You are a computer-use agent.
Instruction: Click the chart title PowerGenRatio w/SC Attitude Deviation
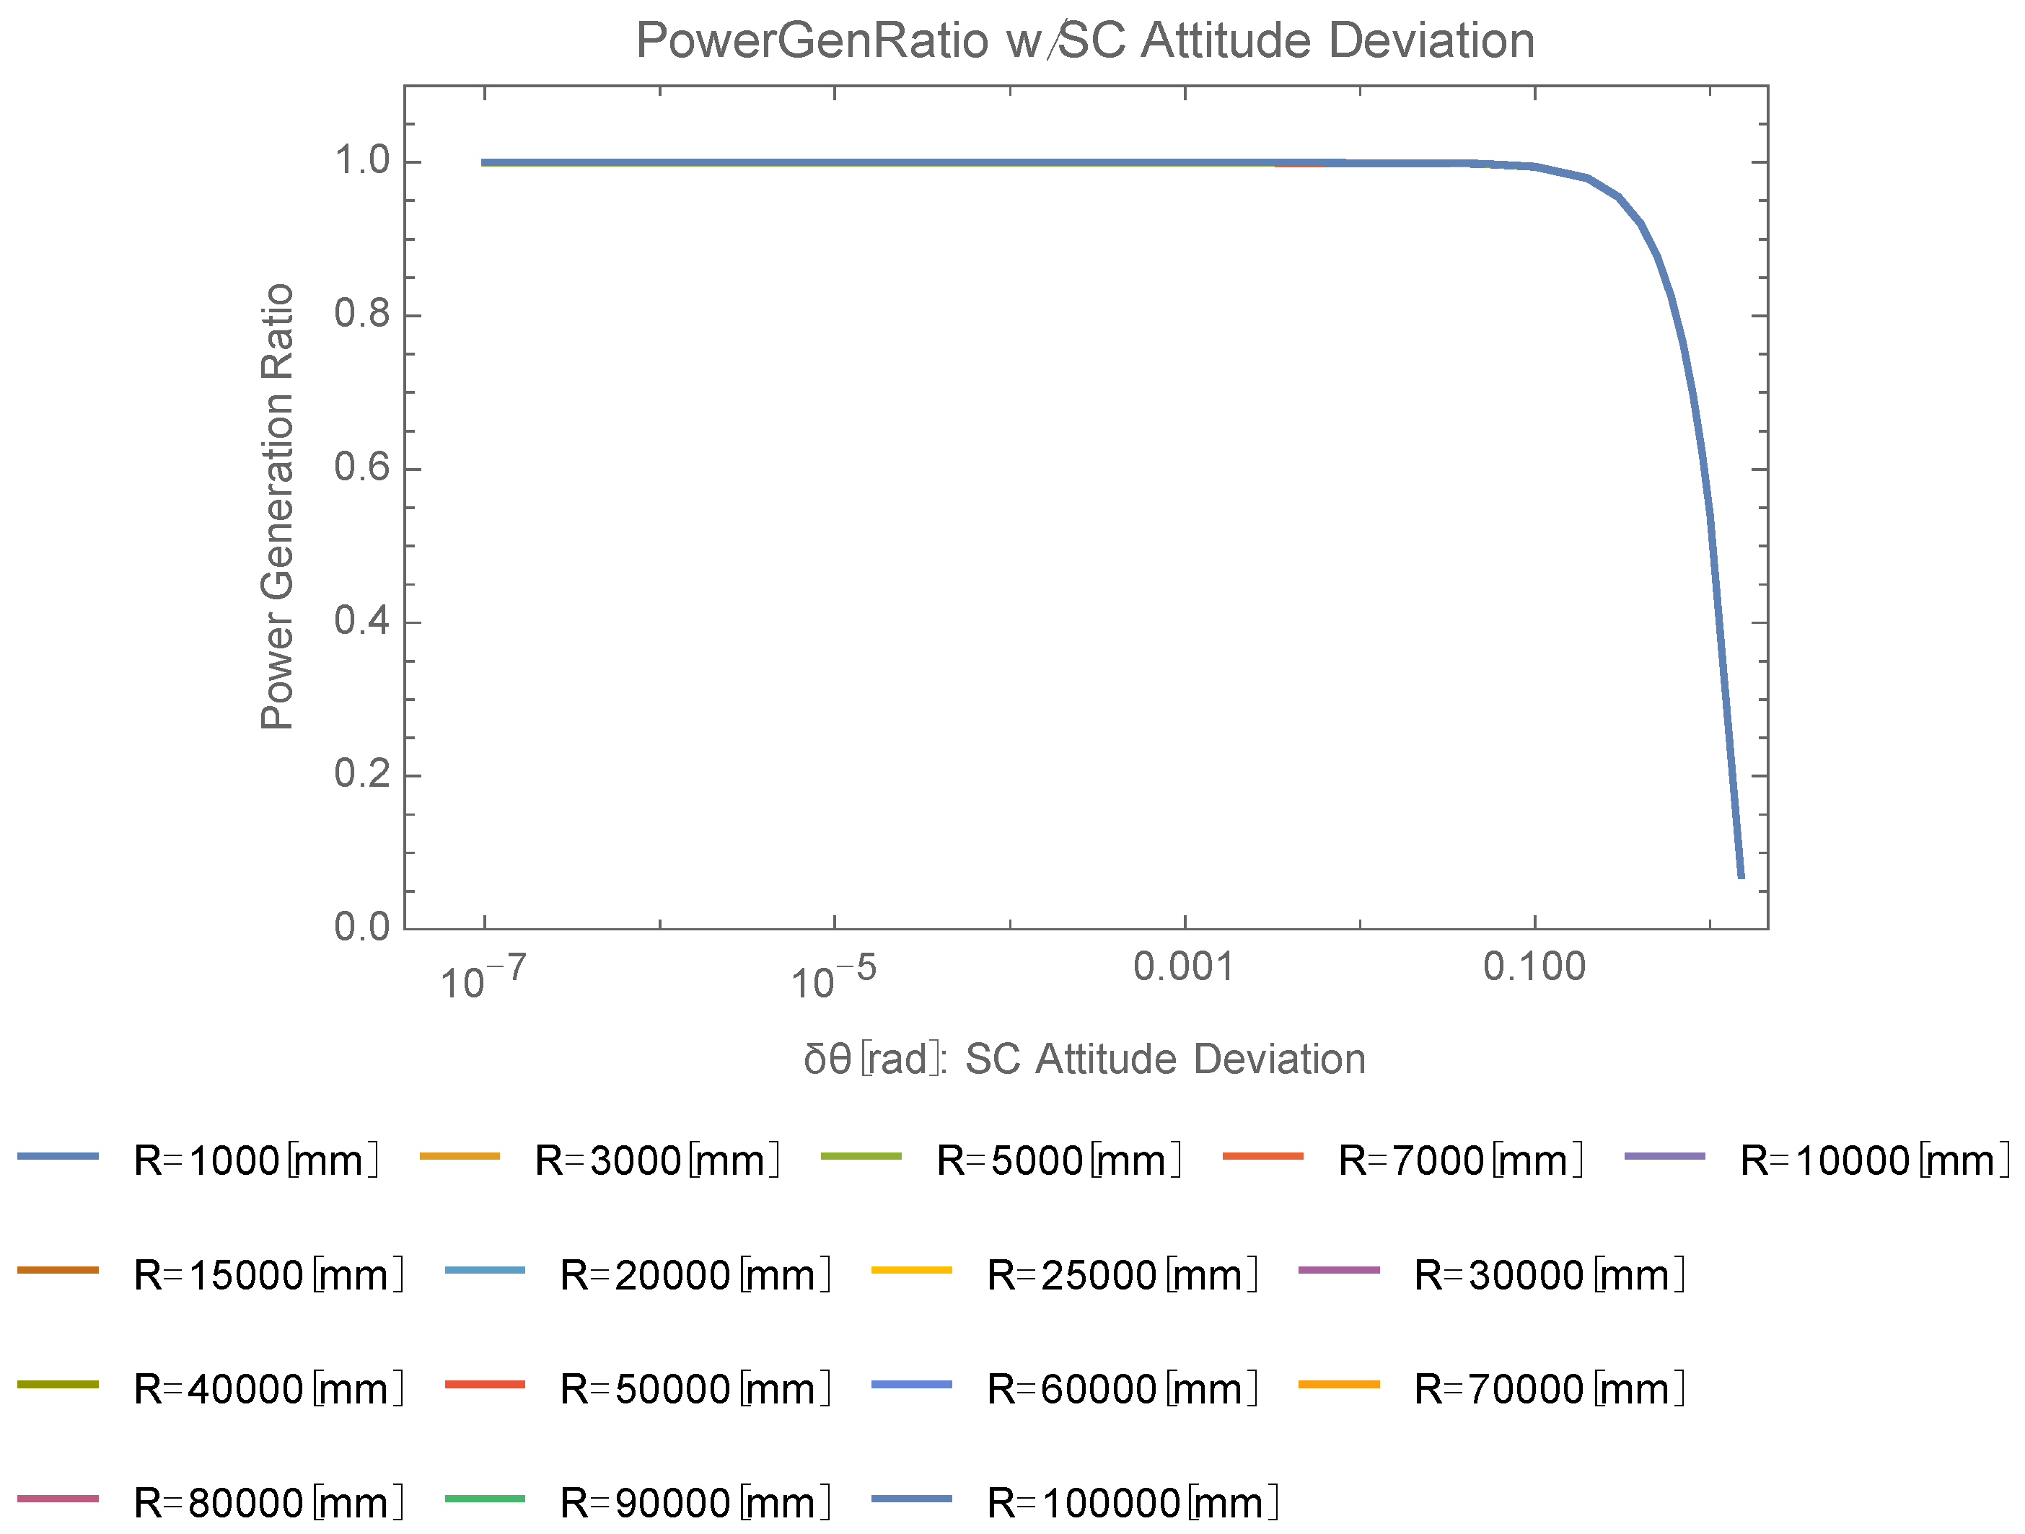[x=1085, y=41]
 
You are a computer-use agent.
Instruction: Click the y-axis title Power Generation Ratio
[x=276, y=506]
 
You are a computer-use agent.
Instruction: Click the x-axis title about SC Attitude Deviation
[x=1085, y=1059]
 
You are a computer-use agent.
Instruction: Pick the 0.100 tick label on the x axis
[x=1534, y=966]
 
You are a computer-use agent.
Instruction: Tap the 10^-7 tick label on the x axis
[x=483, y=977]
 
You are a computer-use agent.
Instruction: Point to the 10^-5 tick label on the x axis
[x=833, y=977]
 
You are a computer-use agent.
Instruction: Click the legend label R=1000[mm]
[x=255, y=1160]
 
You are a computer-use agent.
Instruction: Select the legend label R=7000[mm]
[x=1460, y=1160]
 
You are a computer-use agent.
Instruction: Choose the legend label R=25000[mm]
[x=1122, y=1275]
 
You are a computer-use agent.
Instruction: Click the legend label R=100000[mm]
[x=1133, y=1502]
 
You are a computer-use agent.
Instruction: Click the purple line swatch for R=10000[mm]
[x=1664, y=1157]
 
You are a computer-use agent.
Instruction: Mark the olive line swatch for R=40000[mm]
[x=58, y=1385]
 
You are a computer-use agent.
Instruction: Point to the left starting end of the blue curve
[x=483, y=163]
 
